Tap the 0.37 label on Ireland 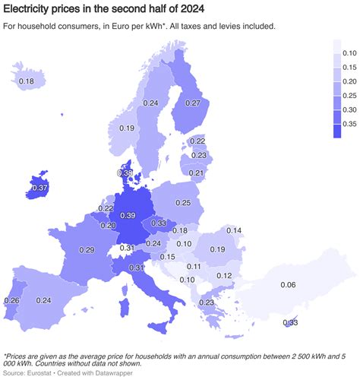pos(39,188)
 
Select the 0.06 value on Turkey pos(288,284)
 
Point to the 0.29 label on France pos(87,250)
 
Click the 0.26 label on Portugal pos(11,300)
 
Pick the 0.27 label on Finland pos(193,103)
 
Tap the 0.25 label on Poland pos(183,203)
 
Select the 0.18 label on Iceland pos(26,81)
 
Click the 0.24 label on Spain pos(43,301)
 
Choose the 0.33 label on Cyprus pos(290,323)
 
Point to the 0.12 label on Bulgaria pos(224,275)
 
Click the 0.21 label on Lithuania pos(196,173)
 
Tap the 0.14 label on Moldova pos(234,230)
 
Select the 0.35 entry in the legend pos(349,124)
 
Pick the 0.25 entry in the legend pos(349,95)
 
